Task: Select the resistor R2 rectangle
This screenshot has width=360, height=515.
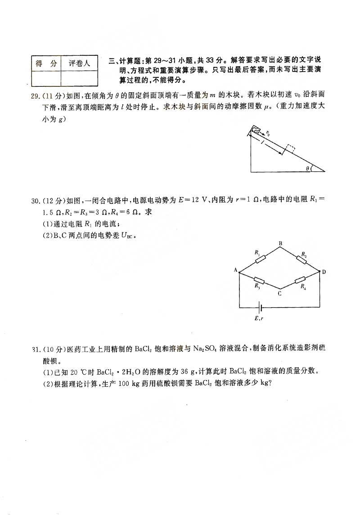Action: coord(301,260)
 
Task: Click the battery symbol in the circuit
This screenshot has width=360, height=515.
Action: coord(259,308)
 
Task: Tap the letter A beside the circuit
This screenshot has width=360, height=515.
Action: coord(235,270)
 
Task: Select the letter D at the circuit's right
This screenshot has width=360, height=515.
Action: coord(324,272)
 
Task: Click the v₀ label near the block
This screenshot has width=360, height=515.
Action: coord(268,133)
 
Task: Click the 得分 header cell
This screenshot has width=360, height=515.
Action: coord(46,63)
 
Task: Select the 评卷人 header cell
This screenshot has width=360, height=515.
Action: coord(80,63)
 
